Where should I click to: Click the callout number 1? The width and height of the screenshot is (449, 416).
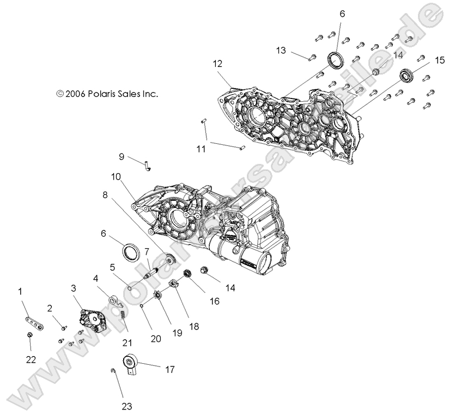point(21,292)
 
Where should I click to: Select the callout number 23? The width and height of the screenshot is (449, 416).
point(128,405)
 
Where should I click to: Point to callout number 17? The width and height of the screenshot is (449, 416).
point(169,369)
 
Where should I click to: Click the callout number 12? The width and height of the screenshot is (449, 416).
point(217,64)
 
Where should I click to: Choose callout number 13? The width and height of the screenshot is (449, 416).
point(281,51)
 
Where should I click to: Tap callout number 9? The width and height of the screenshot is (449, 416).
point(122,156)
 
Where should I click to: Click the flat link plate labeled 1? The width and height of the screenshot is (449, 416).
point(34,322)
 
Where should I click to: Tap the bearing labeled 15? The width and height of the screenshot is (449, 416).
point(406,74)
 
